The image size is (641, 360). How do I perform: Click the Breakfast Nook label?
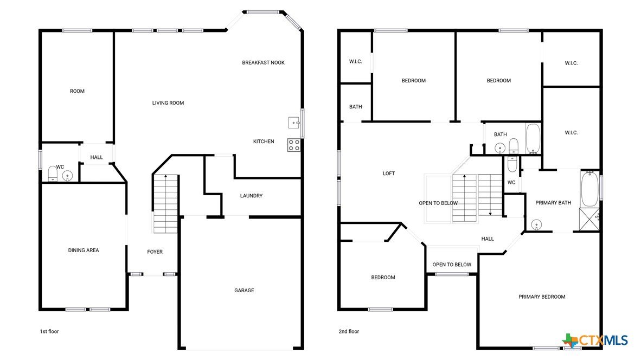pyautogui.click(x=263, y=62)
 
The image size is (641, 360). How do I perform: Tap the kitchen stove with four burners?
pyautogui.click(x=294, y=145)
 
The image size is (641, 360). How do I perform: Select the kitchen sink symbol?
pyautogui.click(x=294, y=123)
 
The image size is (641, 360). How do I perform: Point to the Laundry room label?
pyautogui.click(x=252, y=196)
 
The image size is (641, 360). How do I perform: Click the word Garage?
pyautogui.click(x=244, y=291)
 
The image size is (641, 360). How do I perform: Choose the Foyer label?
pyautogui.click(x=155, y=252)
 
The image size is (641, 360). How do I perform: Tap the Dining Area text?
pyautogui.click(x=84, y=250)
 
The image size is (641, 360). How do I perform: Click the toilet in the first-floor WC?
pyautogui.click(x=53, y=173)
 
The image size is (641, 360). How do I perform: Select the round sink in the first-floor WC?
pyautogui.click(x=67, y=176)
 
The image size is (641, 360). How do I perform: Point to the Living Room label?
pyautogui.click(x=168, y=103)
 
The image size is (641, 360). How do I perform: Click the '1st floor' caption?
pyautogui.click(x=49, y=331)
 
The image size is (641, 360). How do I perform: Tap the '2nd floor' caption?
pyautogui.click(x=349, y=331)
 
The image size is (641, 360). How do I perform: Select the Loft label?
pyautogui.click(x=389, y=173)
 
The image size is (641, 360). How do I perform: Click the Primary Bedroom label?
pyautogui.click(x=542, y=297)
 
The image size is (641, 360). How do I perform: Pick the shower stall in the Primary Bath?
pyautogui.click(x=589, y=220)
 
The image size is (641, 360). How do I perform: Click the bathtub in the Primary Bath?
pyautogui.click(x=589, y=189)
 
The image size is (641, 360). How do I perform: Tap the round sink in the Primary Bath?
pyautogui.click(x=536, y=225)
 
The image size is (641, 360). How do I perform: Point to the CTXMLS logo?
pyautogui.click(x=595, y=340)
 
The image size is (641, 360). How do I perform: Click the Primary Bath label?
pyautogui.click(x=554, y=203)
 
